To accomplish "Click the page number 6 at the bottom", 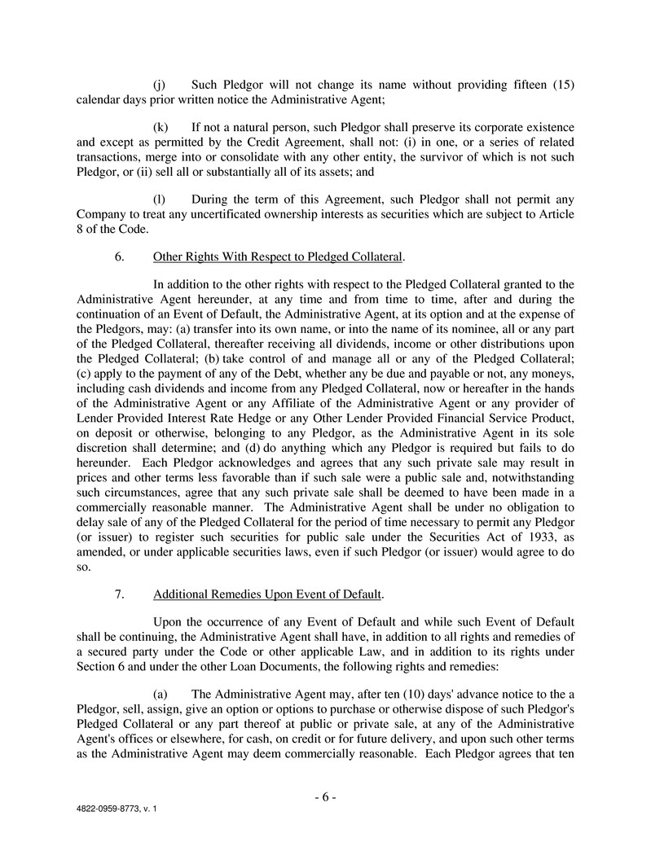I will [x=325, y=796].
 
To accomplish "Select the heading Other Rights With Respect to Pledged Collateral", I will [x=277, y=257].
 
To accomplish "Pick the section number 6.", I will [x=119, y=257].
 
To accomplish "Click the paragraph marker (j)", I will [x=161, y=86].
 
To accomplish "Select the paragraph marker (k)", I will [x=161, y=128].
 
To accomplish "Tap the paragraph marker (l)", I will [x=161, y=200].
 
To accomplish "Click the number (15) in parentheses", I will [x=563, y=86].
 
